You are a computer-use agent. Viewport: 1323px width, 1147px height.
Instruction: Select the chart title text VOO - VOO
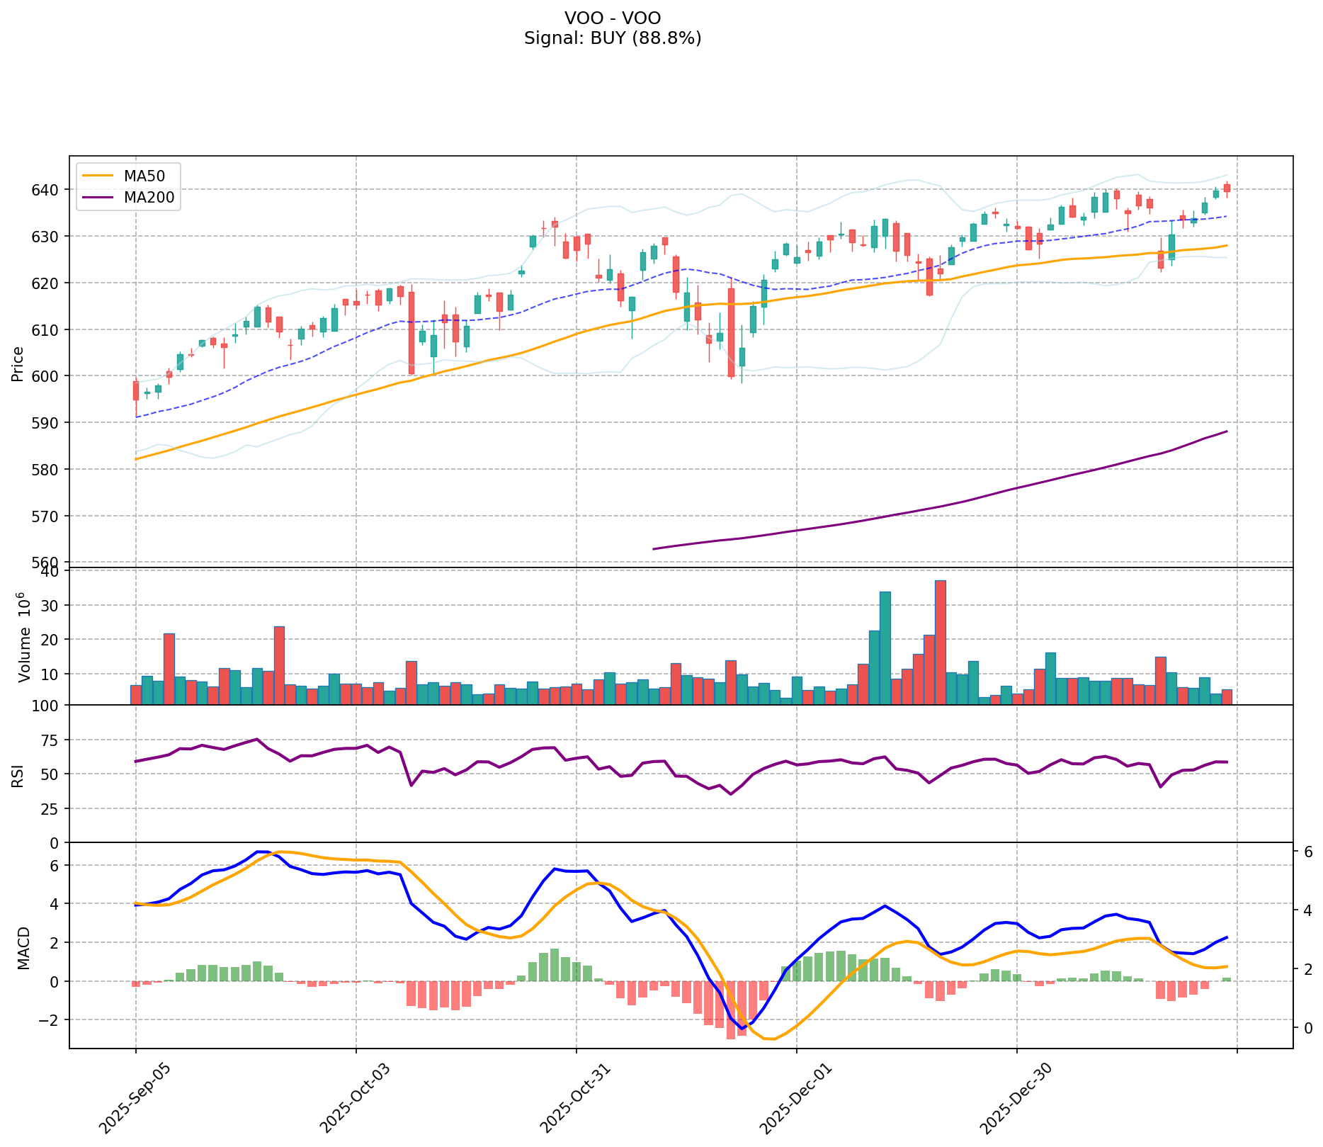(613, 18)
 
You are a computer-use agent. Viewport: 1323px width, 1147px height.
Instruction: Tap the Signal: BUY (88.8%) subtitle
(613, 38)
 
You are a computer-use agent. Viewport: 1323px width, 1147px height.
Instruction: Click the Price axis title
(18, 363)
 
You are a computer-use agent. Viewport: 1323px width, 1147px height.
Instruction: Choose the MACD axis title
(23, 948)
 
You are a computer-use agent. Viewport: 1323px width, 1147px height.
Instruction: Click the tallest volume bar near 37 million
(940, 642)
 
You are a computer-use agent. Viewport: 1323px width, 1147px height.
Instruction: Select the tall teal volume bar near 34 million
(885, 648)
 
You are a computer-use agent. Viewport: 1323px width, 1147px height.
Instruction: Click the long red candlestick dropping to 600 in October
(411, 333)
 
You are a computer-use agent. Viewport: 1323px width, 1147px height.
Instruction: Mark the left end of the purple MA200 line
(653, 549)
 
